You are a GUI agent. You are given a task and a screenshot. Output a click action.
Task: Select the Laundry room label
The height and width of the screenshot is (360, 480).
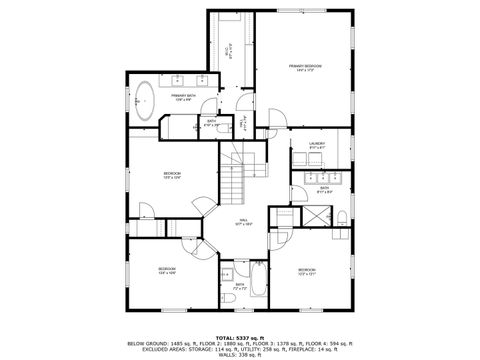click(x=317, y=146)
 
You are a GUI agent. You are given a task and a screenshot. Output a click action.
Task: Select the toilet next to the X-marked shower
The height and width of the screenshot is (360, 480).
click(x=342, y=216)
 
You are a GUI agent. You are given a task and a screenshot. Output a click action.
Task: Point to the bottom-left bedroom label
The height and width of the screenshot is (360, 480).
click(x=167, y=270)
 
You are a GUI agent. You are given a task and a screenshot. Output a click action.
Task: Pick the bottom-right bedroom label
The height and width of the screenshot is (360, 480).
click(x=306, y=270)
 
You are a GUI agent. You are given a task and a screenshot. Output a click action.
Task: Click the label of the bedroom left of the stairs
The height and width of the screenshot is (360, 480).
click(x=173, y=176)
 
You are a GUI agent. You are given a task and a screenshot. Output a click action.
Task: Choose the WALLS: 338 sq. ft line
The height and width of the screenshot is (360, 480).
click(x=240, y=351)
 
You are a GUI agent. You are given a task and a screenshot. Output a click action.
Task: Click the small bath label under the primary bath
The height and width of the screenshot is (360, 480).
click(x=211, y=123)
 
